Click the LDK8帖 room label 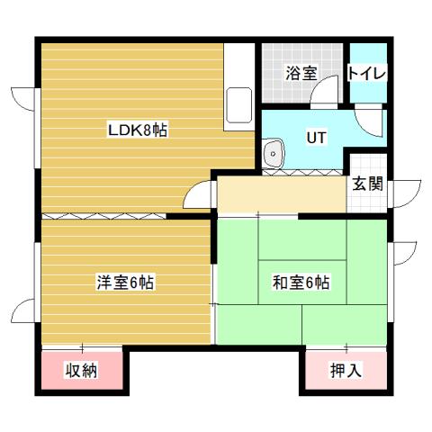coord(138,130)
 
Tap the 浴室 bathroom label coord(301,74)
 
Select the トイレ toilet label coord(367,73)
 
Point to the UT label coord(315,138)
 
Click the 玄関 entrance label coord(367,184)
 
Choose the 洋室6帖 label coord(125,283)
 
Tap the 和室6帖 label coord(301,283)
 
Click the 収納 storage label coord(81,370)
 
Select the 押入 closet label coord(346,370)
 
